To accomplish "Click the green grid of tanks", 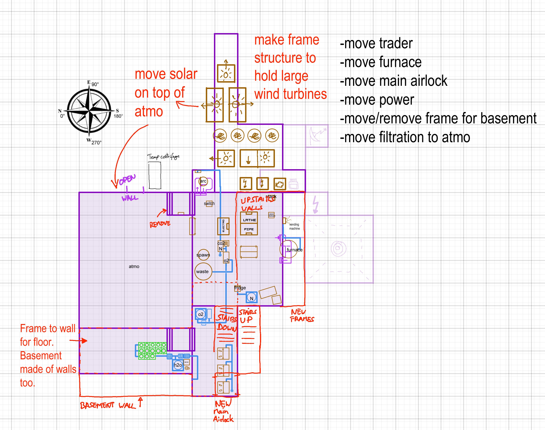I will [152, 350].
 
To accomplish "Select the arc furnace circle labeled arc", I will [203, 181].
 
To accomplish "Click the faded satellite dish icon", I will [317, 136].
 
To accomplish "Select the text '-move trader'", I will [376, 43].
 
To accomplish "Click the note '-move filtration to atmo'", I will [405, 137].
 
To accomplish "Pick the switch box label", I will [209, 203].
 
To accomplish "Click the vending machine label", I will [294, 226].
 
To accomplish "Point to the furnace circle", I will [288, 249].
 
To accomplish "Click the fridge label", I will [240, 288].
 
